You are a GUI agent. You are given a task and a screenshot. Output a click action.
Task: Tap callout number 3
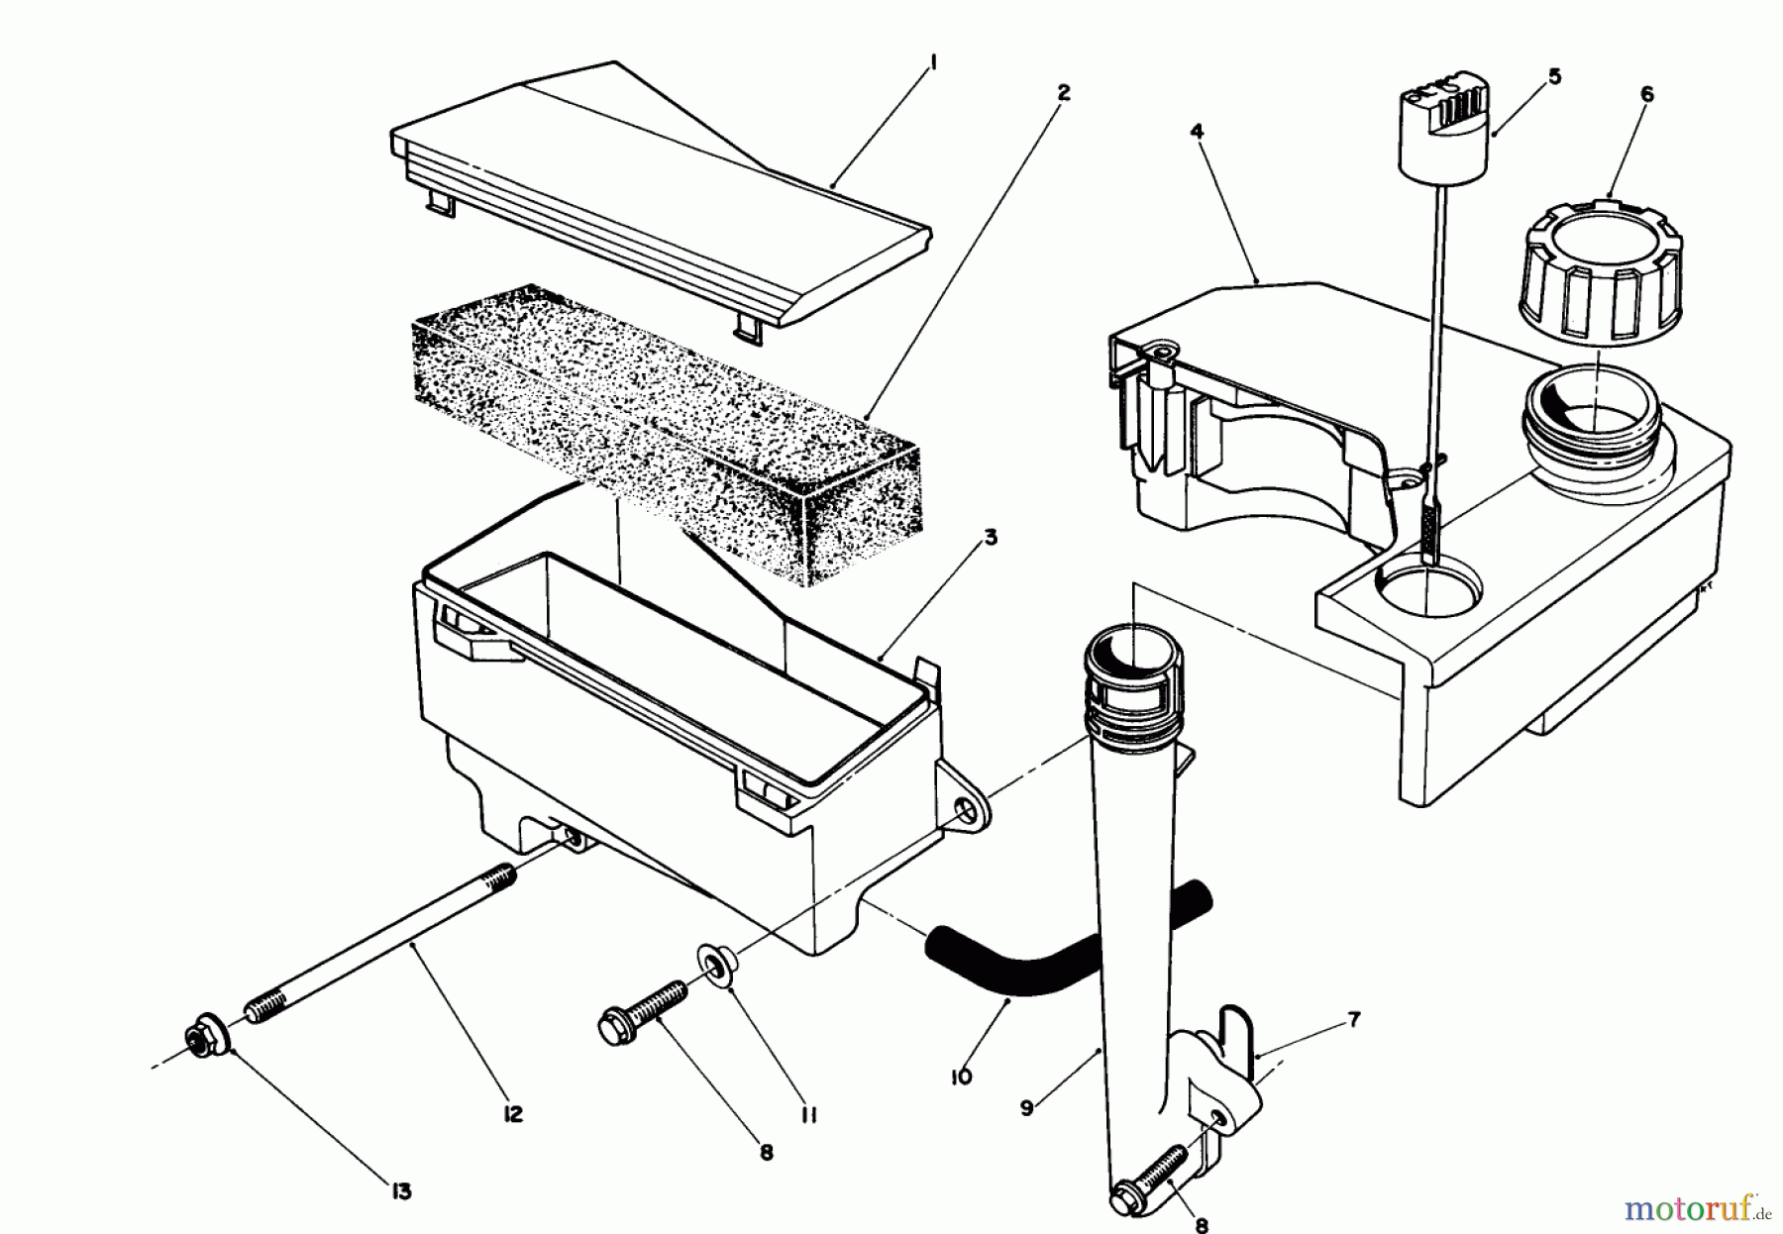point(990,538)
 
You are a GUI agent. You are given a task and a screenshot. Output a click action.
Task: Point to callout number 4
point(1197,131)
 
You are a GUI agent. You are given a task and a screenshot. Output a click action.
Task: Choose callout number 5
point(1554,76)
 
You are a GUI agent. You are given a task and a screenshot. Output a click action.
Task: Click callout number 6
point(1646,94)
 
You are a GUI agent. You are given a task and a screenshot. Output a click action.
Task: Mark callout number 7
point(1354,990)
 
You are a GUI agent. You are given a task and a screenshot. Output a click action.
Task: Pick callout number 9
point(1026,1108)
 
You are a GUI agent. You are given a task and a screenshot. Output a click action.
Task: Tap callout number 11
point(807,1115)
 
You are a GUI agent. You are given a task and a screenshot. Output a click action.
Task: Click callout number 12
point(512,1114)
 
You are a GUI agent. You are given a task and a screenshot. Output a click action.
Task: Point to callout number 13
point(399,1192)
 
